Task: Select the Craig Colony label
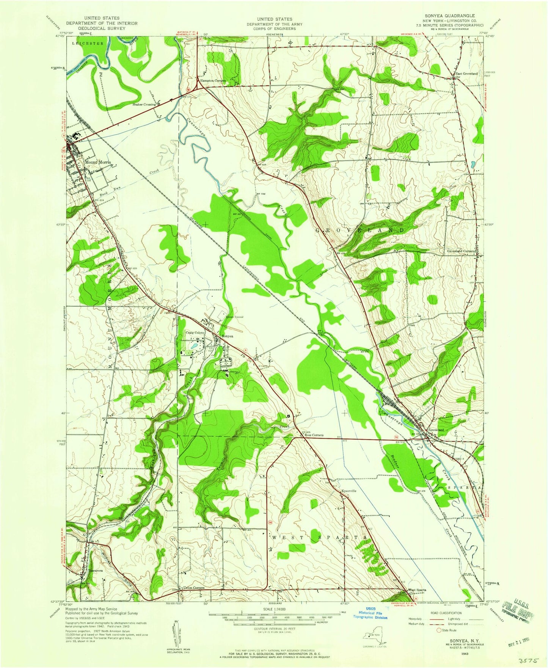(x=195, y=332)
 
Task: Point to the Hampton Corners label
(x=213, y=81)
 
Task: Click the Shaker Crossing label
(x=144, y=104)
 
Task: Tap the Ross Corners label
(x=314, y=435)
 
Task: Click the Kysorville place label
(x=349, y=491)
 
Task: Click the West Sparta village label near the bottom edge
(x=417, y=590)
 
